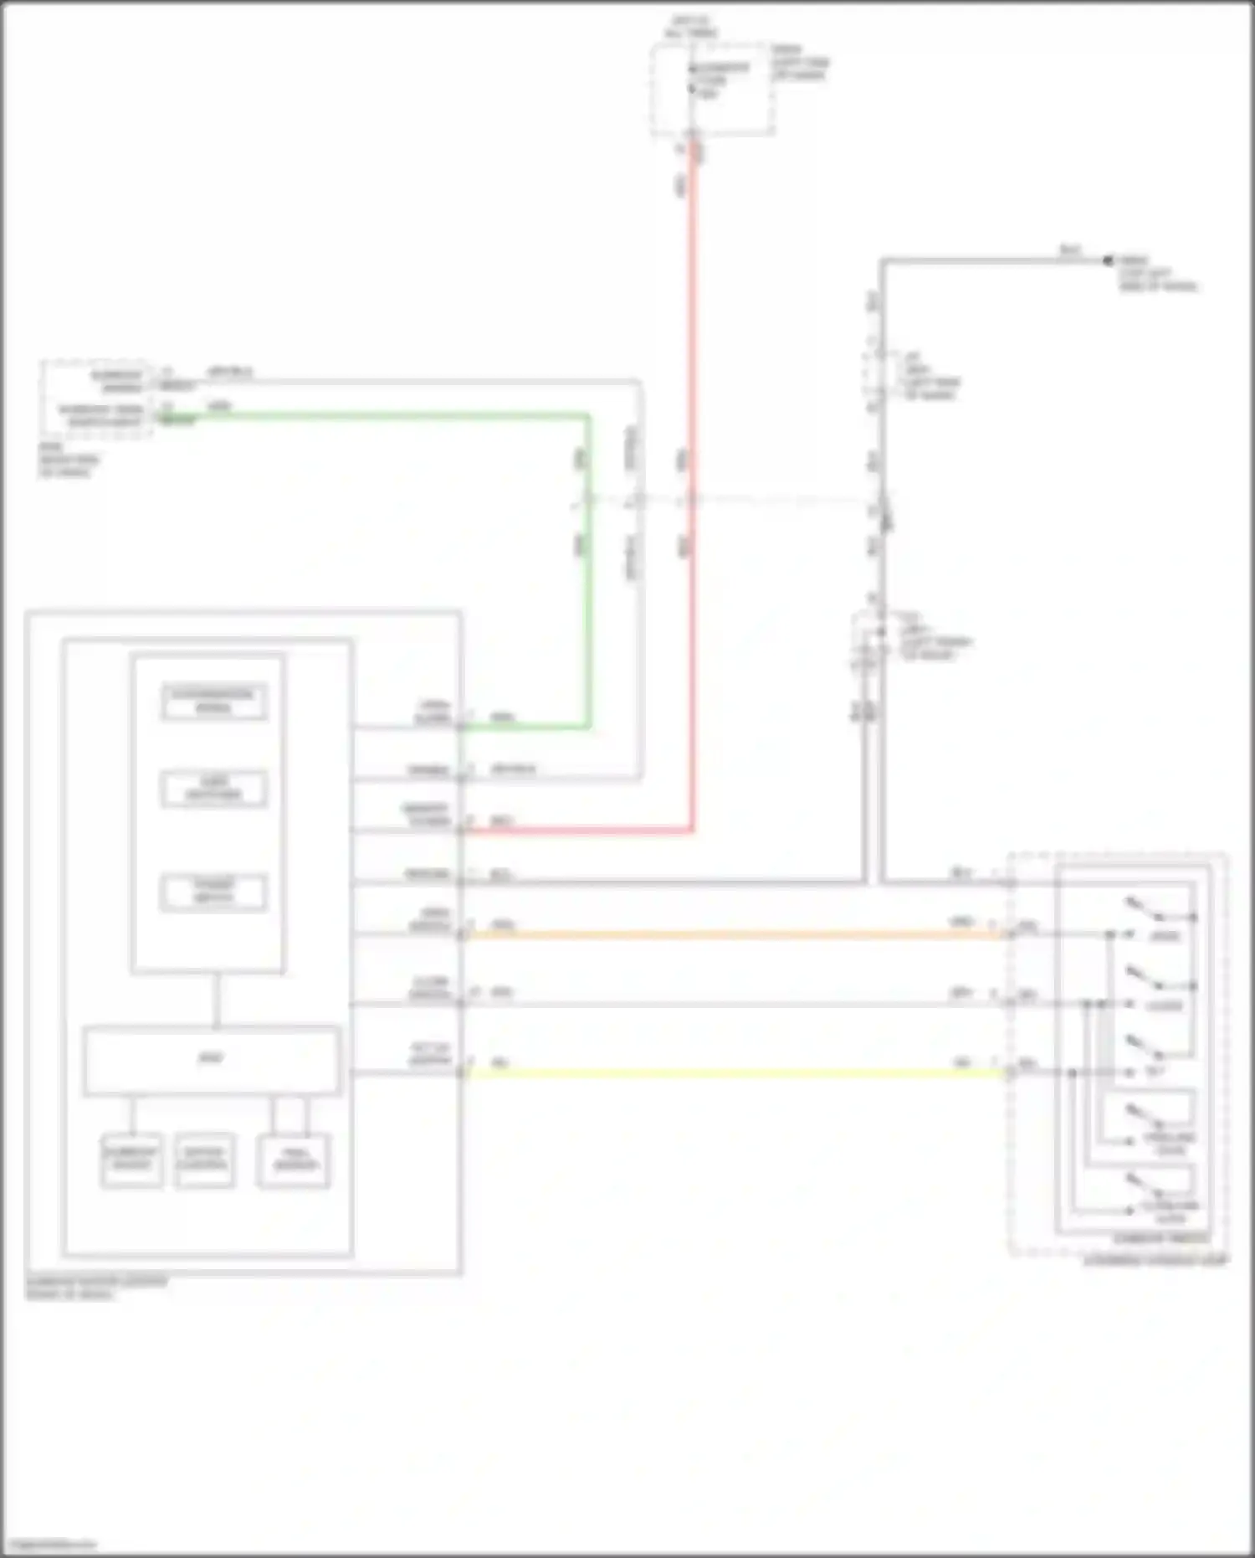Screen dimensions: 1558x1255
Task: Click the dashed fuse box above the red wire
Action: pos(712,89)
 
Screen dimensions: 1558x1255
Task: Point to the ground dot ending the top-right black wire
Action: pos(1109,261)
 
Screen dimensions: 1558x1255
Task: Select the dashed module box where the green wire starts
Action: pos(97,398)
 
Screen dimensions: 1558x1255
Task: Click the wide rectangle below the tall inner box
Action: pos(212,1060)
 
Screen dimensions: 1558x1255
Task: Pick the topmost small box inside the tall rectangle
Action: pos(214,702)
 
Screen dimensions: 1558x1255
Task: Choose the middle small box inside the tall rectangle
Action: pos(214,789)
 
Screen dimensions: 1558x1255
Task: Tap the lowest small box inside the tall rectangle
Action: pos(214,892)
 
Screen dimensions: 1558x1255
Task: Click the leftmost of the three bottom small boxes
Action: pos(131,1160)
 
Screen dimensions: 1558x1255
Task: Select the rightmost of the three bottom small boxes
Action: pos(294,1160)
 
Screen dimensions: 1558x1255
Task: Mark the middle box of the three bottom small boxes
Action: pos(204,1160)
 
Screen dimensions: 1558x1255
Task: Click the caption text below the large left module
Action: pos(96,1288)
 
